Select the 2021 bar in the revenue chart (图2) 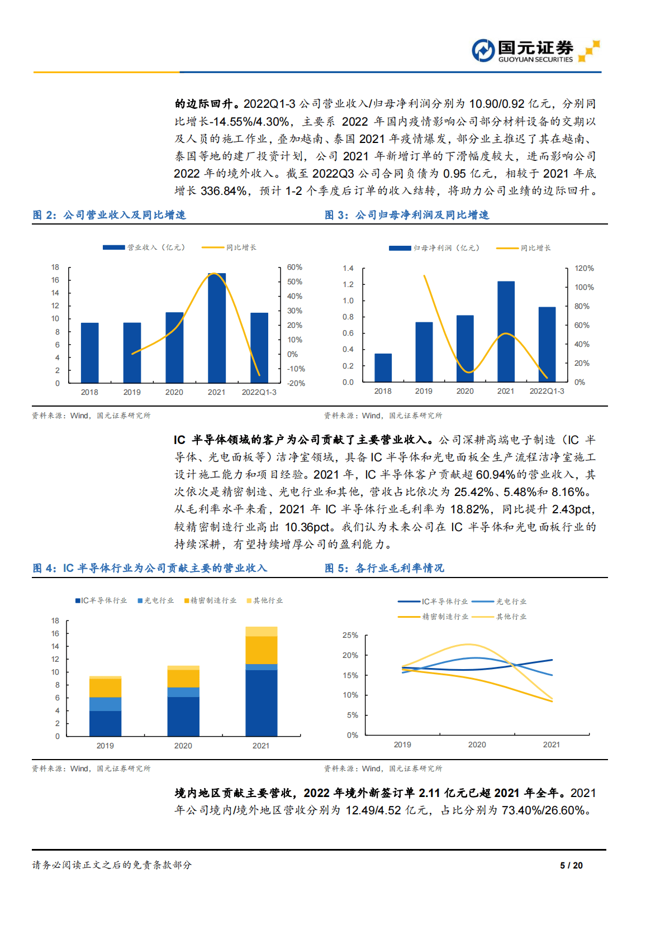pos(217,328)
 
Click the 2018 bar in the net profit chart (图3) pos(383,368)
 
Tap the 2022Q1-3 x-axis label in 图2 pos(259,392)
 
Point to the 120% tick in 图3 pos(584,269)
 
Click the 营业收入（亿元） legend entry pos(144,247)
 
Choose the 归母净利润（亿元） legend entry pos(435,248)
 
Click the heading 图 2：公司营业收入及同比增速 pos(109,215)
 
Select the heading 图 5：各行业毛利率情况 pos(384,568)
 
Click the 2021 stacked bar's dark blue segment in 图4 pos(261,703)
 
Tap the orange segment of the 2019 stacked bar pos(105,688)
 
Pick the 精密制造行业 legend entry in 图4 pos(211,600)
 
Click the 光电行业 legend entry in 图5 pos(500,602)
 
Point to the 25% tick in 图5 pos(350,636)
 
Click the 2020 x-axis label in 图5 pos(477,745)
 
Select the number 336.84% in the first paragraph pos(224,191)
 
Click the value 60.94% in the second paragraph pos(495,475)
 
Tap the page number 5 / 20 pos(571,865)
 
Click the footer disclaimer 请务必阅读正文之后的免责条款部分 pos(112,865)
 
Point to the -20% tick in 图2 pos(296,384)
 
